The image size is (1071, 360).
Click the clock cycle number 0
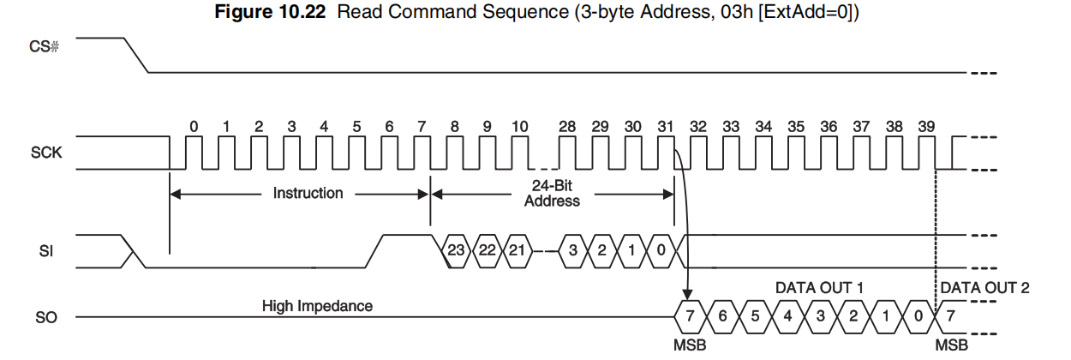(x=194, y=127)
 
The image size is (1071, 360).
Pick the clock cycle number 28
(x=566, y=127)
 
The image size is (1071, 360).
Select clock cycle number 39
(x=926, y=127)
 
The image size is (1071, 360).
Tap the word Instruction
(x=308, y=194)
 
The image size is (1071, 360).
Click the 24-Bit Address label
(x=552, y=194)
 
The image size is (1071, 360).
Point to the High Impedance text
(x=317, y=305)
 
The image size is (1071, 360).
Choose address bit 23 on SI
(x=456, y=251)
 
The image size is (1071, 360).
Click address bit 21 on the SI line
(x=518, y=251)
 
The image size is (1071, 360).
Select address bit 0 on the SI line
(x=661, y=251)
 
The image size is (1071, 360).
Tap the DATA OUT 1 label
(x=818, y=287)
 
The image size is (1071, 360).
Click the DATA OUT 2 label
(x=984, y=287)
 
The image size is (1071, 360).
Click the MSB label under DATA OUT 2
(x=952, y=345)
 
